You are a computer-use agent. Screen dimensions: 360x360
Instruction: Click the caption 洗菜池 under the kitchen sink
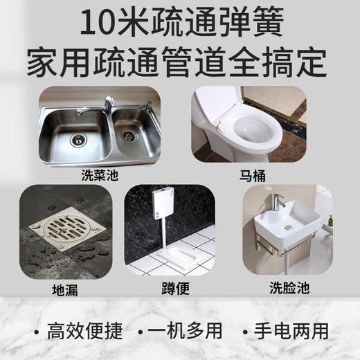[96, 174]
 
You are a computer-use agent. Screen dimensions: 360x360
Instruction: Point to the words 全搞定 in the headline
[285, 62]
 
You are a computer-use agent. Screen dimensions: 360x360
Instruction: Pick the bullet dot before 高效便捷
[31, 331]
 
